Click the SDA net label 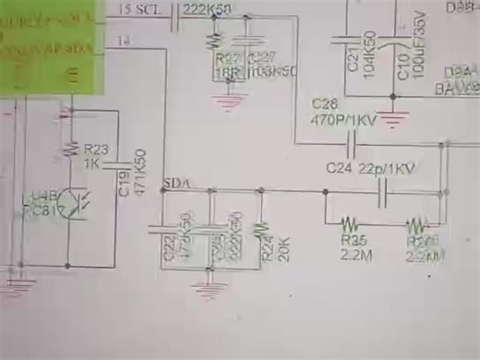click(x=174, y=184)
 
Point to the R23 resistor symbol click(x=69, y=147)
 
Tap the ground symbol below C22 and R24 click(x=210, y=285)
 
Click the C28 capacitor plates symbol click(x=351, y=143)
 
